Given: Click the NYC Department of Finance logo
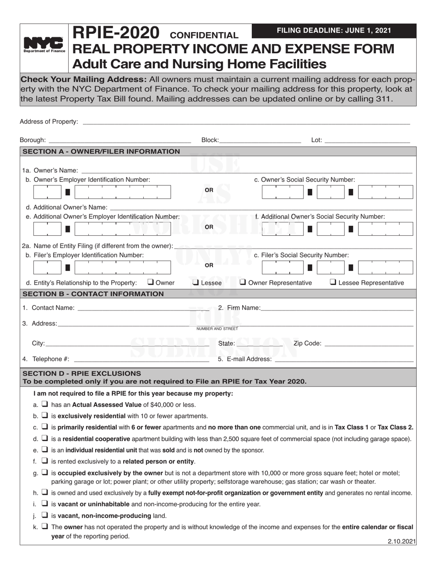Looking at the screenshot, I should pos(44,46).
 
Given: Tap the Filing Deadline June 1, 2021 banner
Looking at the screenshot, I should pos(334,31).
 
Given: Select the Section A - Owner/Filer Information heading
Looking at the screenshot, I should pos(101,151).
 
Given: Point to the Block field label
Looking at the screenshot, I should pos(210,140).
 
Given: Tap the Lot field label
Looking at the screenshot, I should pos(316,140).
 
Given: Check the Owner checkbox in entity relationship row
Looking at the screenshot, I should pos(150,282).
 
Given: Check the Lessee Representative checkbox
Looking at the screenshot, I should pos(333,282).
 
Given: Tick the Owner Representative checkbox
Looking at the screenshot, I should pos(243,282).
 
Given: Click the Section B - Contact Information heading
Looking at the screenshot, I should pos(93,293).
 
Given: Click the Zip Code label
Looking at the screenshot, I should pos(307,343).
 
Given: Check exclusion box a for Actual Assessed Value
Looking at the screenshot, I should pos(45,404).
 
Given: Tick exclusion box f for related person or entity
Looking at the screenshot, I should pos(45,461).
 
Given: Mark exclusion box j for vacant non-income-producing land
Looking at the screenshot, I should pos(45,515).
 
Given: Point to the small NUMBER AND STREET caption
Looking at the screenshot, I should pos(217,329).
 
